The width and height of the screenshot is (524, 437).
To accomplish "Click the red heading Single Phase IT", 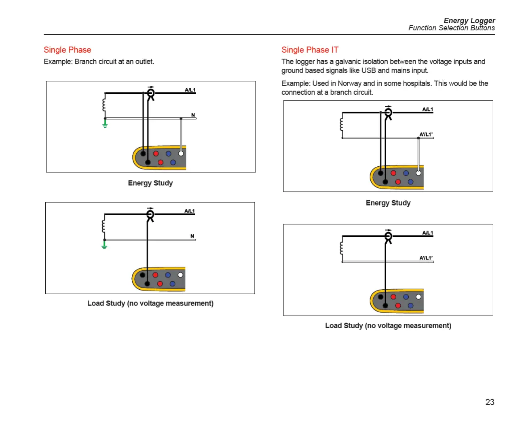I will pyautogui.click(x=310, y=50).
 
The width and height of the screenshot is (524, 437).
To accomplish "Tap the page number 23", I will pyautogui.click(x=490, y=402).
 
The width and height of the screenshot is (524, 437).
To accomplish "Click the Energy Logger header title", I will pyautogui.click(x=469, y=21).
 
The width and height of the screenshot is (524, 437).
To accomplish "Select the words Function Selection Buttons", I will pyautogui.click(x=451, y=28).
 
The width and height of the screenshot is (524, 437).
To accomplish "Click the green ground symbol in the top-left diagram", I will pyautogui.click(x=105, y=124).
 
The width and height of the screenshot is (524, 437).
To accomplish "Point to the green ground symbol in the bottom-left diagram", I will pyautogui.click(x=104, y=245).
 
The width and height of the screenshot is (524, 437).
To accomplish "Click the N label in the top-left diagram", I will pyautogui.click(x=193, y=115).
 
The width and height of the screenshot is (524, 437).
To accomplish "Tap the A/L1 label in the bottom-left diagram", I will pyautogui.click(x=190, y=211).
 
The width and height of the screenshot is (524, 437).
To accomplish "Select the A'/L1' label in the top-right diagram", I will pyautogui.click(x=426, y=134).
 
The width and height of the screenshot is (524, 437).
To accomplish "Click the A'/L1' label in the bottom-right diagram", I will pyautogui.click(x=426, y=258).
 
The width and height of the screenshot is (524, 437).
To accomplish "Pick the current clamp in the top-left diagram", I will pyautogui.click(x=151, y=94).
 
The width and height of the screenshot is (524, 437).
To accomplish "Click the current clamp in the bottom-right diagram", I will pyautogui.click(x=388, y=237).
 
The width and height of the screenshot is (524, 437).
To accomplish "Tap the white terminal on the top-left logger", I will pyautogui.click(x=181, y=153).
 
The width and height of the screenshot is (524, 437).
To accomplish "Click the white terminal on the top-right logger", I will pyautogui.click(x=418, y=173).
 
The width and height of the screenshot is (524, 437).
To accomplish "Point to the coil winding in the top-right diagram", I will pyautogui.click(x=342, y=125).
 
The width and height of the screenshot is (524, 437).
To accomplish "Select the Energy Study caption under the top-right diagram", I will pyautogui.click(x=388, y=203).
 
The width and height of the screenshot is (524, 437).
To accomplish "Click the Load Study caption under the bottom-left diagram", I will pyautogui.click(x=150, y=303).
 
